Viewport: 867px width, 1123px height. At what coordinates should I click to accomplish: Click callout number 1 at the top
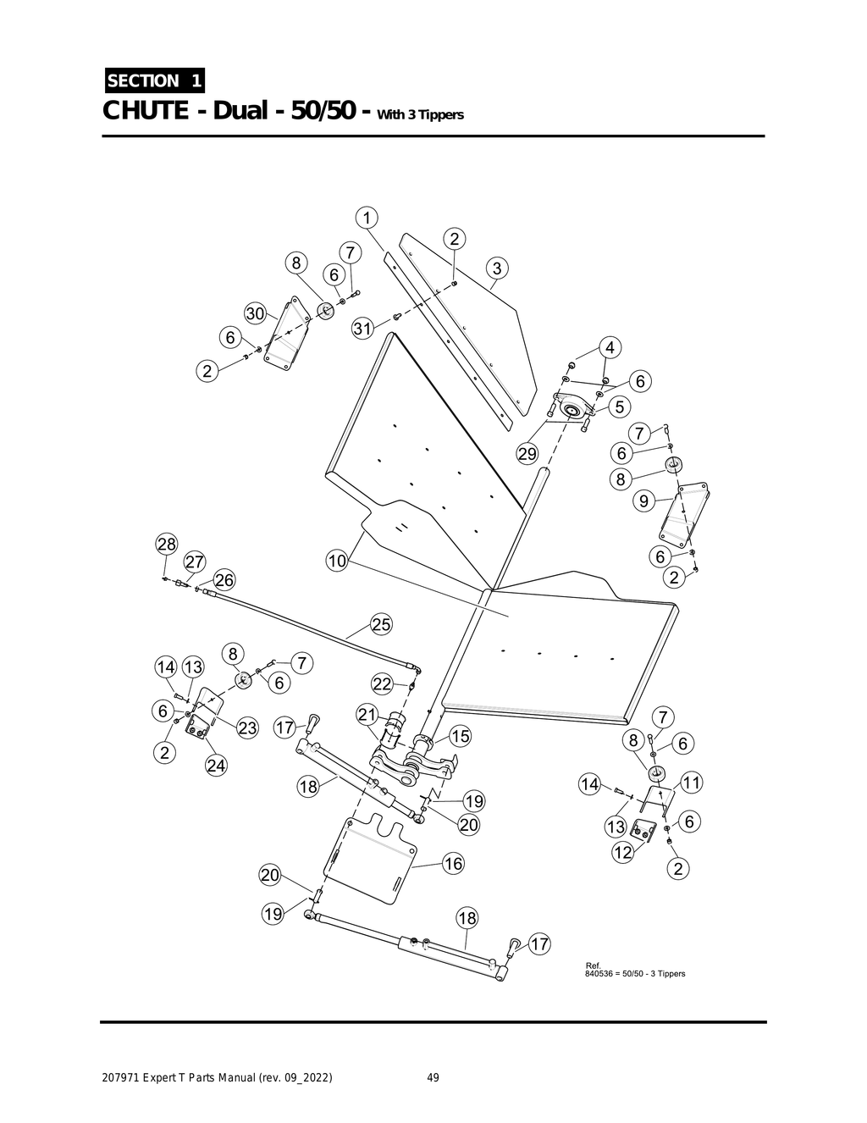click(x=366, y=218)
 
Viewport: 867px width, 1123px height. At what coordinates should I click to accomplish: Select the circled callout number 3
click(x=497, y=268)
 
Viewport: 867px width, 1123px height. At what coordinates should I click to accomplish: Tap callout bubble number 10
click(x=337, y=561)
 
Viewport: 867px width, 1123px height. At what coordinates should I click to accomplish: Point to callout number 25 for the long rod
click(x=381, y=624)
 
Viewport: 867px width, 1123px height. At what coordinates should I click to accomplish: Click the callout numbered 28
click(x=166, y=544)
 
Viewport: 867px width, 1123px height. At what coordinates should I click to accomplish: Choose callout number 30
click(x=256, y=313)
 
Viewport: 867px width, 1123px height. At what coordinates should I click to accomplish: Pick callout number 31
click(x=362, y=329)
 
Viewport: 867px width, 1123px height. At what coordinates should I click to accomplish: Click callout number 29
click(x=527, y=454)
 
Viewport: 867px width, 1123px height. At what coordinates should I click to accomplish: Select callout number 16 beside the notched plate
click(x=453, y=863)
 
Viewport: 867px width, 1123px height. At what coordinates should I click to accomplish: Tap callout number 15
click(x=459, y=736)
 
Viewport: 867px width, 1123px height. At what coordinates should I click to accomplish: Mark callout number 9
click(x=644, y=501)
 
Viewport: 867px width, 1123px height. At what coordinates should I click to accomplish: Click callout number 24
click(x=216, y=766)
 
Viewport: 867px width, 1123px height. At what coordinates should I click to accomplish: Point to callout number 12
click(x=622, y=852)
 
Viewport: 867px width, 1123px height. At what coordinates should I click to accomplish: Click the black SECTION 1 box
click(x=153, y=81)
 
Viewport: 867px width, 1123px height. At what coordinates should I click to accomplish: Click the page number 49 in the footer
click(x=433, y=1078)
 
